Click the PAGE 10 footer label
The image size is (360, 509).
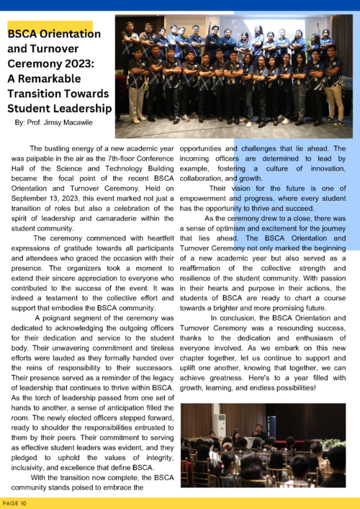point(15,502)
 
